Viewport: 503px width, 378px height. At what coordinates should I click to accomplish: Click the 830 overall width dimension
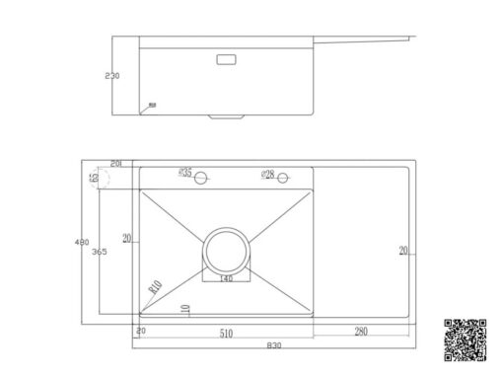273,344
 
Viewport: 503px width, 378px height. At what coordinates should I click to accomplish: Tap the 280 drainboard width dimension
362,331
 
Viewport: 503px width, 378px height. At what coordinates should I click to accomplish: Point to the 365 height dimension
100,253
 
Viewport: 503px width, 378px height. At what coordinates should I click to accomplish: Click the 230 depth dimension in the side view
111,75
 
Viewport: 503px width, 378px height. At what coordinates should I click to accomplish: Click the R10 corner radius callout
155,288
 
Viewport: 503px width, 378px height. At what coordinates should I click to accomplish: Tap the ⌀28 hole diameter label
267,174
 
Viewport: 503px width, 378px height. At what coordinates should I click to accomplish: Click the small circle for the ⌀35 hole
200,179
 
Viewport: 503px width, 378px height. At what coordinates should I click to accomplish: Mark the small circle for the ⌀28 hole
282,179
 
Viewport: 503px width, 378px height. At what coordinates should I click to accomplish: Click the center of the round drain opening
226,250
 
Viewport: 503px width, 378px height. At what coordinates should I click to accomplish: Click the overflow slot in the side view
226,59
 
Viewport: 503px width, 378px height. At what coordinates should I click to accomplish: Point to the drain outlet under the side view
226,115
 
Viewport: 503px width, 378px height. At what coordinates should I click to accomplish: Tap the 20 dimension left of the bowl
126,238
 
